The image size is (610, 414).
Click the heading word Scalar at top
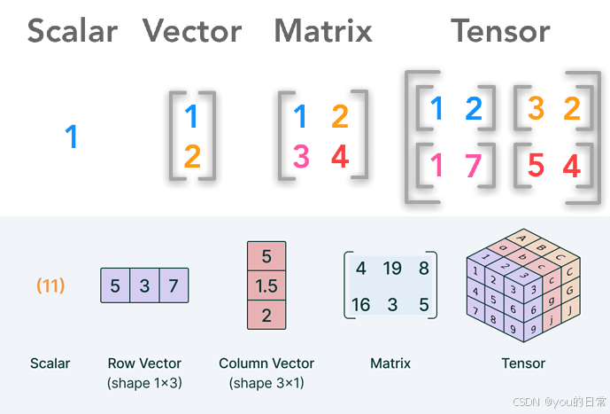(73, 31)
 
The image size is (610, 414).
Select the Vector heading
(192, 31)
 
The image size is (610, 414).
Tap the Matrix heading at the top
(323, 31)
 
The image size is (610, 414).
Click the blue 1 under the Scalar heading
(72, 137)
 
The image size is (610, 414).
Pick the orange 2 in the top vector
(193, 158)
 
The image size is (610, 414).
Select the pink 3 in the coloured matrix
(301, 157)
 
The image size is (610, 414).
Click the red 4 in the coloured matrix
(340, 157)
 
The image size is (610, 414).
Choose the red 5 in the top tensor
(536, 165)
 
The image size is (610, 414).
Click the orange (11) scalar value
(50, 285)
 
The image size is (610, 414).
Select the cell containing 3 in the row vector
(144, 286)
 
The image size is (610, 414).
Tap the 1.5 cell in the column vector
(266, 285)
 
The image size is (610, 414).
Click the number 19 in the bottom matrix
(393, 269)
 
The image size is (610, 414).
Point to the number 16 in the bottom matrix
(361, 305)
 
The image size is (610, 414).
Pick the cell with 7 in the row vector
(174, 286)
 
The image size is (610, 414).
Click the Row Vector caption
(144, 363)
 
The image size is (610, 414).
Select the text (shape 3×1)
(266, 383)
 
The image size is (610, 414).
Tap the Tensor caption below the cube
(522, 363)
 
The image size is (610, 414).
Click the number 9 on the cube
(512, 327)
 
